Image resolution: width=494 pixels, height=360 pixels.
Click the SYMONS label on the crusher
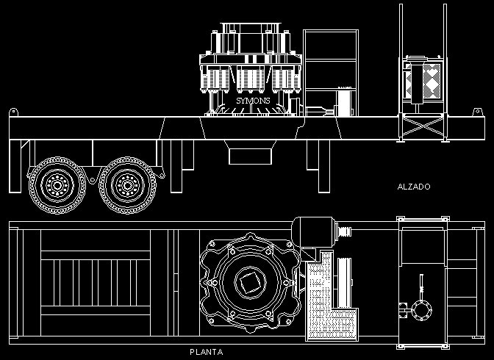pyautogui.click(x=253, y=101)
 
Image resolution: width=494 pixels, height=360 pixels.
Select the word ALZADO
pyautogui.click(x=414, y=187)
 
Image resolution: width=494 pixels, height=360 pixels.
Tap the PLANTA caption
pyautogui.click(x=207, y=352)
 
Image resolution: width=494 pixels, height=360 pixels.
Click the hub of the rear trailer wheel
pyautogui.click(x=57, y=186)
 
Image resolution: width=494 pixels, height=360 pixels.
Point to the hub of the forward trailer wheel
pyautogui.click(x=127, y=186)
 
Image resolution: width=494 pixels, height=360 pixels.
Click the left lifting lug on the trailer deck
pyautogui.click(x=13, y=112)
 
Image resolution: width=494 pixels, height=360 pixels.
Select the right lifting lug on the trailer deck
pyautogui.click(x=477, y=112)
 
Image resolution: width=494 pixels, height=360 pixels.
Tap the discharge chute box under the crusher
pyautogui.click(x=250, y=156)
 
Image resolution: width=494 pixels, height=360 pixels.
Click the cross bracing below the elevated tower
pyautogui.click(x=423, y=126)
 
